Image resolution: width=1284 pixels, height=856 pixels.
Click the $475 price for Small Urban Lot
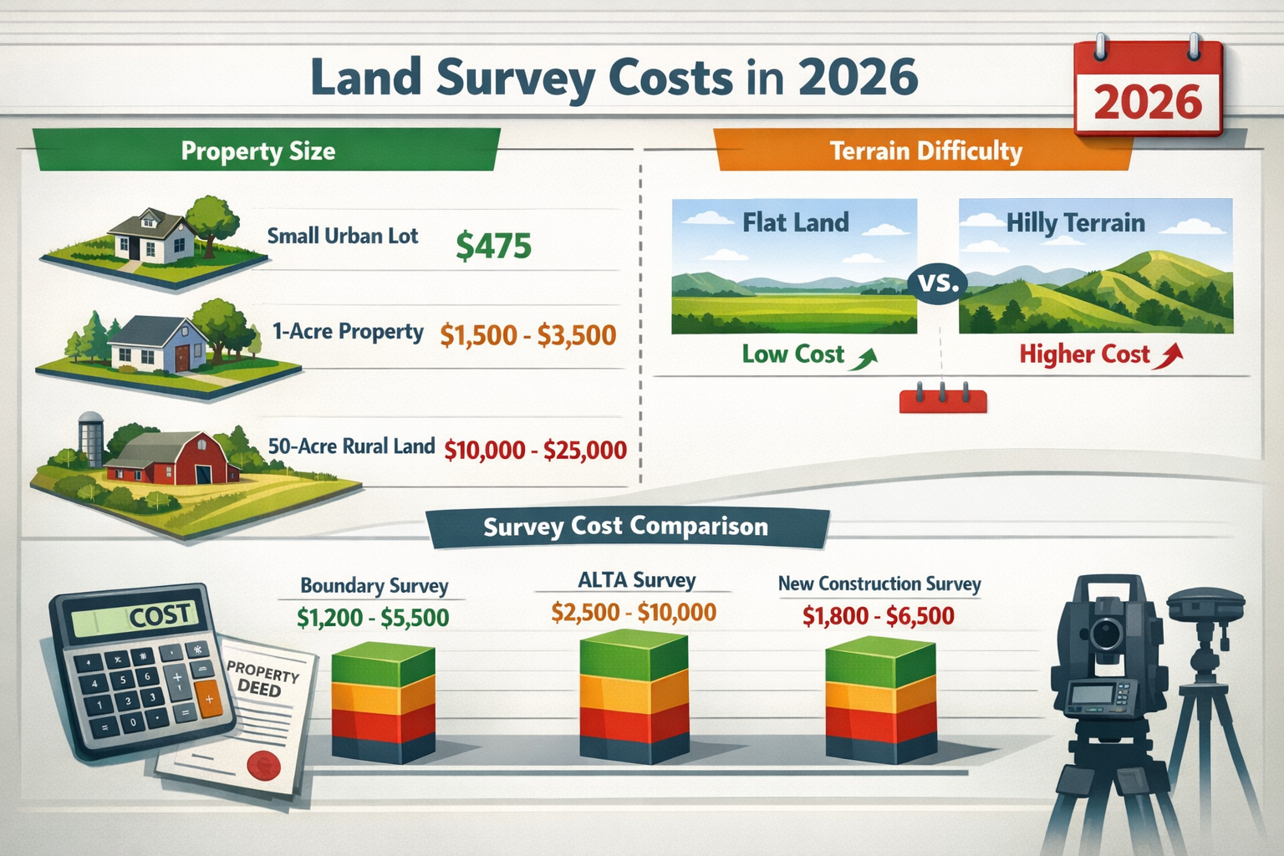click(493, 246)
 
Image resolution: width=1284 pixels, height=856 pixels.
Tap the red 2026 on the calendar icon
click(1147, 102)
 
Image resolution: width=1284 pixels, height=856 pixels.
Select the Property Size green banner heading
click(258, 151)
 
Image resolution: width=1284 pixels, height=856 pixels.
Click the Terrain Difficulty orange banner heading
click(925, 151)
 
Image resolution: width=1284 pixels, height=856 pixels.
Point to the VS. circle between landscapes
click(938, 283)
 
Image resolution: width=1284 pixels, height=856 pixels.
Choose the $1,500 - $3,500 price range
click(527, 335)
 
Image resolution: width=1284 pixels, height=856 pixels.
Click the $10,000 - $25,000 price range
click(535, 451)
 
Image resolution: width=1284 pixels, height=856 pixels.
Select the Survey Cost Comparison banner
click(625, 527)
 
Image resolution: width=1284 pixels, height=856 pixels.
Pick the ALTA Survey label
click(636, 580)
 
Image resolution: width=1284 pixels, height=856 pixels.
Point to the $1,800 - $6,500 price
click(878, 617)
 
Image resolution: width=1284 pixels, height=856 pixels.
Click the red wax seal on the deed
click(265, 763)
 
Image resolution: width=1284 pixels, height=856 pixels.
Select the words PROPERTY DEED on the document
click(262, 680)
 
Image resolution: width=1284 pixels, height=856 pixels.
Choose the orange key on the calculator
click(209, 699)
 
